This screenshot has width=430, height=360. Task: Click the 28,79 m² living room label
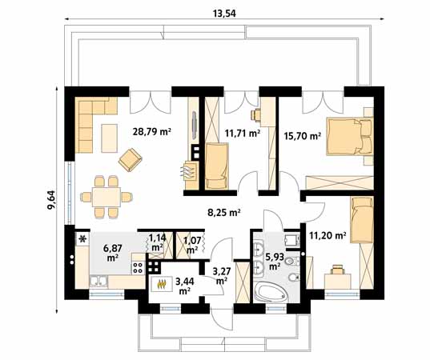click(x=151, y=132)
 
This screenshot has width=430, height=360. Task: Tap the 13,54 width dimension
click(x=224, y=14)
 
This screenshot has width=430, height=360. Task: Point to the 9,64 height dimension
click(x=51, y=200)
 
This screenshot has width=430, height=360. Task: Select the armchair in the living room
click(x=130, y=160)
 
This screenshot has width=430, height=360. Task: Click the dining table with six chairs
click(x=106, y=197)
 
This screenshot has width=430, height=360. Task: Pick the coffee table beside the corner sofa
click(x=109, y=138)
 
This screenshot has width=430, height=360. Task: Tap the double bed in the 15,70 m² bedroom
click(x=349, y=137)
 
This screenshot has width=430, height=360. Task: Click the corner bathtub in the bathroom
click(x=271, y=293)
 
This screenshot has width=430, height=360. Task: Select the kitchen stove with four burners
click(x=138, y=268)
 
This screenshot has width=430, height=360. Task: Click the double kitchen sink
click(x=98, y=282)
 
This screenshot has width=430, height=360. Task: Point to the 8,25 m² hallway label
click(x=224, y=212)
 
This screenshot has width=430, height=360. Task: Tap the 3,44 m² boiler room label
click(x=185, y=286)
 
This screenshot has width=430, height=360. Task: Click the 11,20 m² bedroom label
click(x=328, y=235)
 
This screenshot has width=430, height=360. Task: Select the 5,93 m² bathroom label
click(x=275, y=262)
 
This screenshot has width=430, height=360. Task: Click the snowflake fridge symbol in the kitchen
click(x=82, y=239)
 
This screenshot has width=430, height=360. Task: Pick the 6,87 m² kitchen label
click(x=113, y=253)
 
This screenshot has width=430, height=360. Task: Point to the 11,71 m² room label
click(x=243, y=134)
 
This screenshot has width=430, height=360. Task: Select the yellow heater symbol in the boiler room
click(x=162, y=285)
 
